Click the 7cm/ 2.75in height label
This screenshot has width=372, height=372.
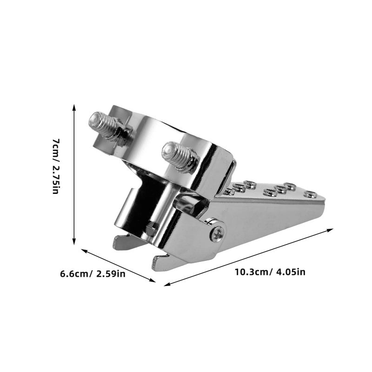pyautogui.click(x=56, y=166)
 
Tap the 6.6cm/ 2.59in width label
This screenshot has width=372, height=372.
pyautogui.click(x=93, y=274)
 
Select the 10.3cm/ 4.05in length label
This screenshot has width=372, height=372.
pyautogui.click(x=270, y=272)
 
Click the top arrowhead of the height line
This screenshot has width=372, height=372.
pyautogui.click(x=74, y=107)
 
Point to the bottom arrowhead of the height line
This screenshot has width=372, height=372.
pyautogui.click(x=74, y=241)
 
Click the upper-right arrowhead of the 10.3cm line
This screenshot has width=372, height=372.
pyautogui.click(x=330, y=230)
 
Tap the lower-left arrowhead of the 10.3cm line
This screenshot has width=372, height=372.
pyautogui.click(x=167, y=284)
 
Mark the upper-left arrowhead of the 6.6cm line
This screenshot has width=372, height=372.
pyautogui.click(x=85, y=251)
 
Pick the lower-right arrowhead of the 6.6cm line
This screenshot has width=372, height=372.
pyautogui.click(x=153, y=280)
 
